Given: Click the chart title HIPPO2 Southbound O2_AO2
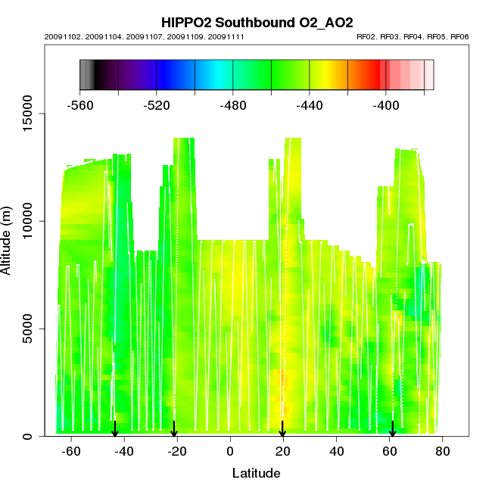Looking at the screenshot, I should (x=257, y=22).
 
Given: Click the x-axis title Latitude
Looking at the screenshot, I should (x=256, y=473).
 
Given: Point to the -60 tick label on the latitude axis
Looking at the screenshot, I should (x=71, y=451).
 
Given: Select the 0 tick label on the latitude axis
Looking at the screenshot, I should (x=230, y=451).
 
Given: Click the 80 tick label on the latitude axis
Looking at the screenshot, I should (x=443, y=451).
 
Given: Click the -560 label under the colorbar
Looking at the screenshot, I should (x=80, y=106).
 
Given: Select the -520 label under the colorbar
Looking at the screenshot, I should (x=157, y=106).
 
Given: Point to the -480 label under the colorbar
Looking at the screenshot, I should (x=233, y=106).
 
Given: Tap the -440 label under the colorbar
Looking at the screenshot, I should (x=310, y=106).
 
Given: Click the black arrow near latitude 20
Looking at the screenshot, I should (x=282, y=429).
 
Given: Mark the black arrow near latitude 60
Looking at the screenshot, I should (x=392, y=429).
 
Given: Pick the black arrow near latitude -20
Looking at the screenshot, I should (x=174, y=429).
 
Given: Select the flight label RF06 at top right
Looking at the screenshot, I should (x=459, y=36).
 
